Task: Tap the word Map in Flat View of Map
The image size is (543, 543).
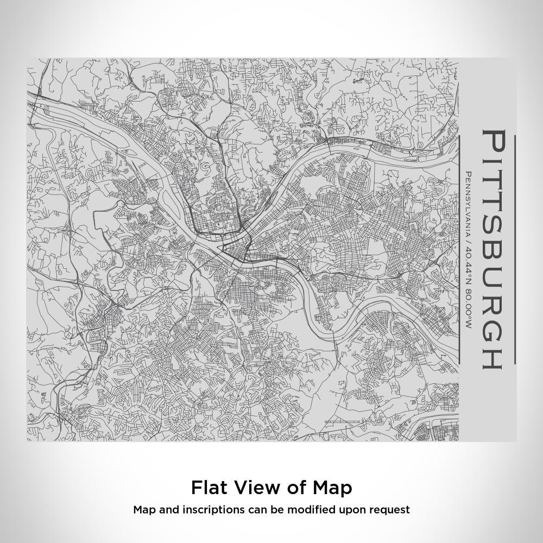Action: click(x=332, y=487)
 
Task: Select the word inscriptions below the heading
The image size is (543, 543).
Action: click(x=200, y=510)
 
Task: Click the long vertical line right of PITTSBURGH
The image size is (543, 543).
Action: click(x=515, y=250)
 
